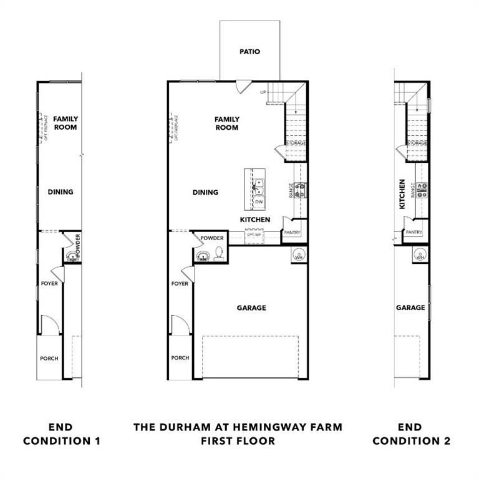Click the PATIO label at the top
pyautogui.click(x=249, y=52)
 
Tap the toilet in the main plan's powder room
pyautogui.click(x=219, y=253)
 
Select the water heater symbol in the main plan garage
pyautogui.click(x=298, y=255)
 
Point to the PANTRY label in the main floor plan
pyautogui.click(x=292, y=233)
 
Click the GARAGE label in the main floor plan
pyautogui.click(x=251, y=307)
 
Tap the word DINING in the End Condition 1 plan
pyautogui.click(x=60, y=192)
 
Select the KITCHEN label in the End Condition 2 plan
pyautogui.click(x=402, y=194)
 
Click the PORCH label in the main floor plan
pyautogui.click(x=180, y=358)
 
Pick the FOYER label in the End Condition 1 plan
pyautogui.click(x=49, y=283)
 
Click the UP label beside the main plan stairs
pyautogui.click(x=263, y=92)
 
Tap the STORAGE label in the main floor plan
pyautogui.click(x=296, y=143)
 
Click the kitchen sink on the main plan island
pyautogui.click(x=258, y=185)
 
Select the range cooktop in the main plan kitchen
pyautogui.click(x=300, y=190)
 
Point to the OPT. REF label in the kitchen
pyautogui.click(x=254, y=235)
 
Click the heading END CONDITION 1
pyautogui.click(x=61, y=434)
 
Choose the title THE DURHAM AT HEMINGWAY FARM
pyautogui.click(x=238, y=427)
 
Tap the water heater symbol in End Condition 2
pyautogui.click(x=420, y=255)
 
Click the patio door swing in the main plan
pyautogui.click(x=243, y=87)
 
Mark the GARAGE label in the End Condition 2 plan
pyautogui.click(x=410, y=307)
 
